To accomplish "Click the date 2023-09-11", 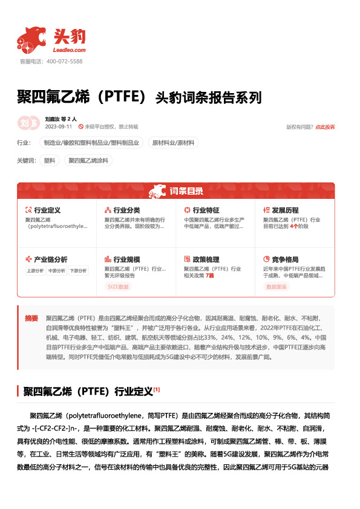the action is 59,127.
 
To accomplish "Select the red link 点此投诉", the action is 325,127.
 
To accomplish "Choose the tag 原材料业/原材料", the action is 174,143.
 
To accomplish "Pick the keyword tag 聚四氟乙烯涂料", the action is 88,161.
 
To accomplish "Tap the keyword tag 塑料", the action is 50,161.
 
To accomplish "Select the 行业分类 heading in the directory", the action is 126,210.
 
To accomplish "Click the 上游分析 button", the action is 35,271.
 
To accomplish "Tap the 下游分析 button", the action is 77,271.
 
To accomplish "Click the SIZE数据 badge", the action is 118,287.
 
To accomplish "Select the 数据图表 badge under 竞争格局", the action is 277,287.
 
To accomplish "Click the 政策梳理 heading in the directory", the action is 205,259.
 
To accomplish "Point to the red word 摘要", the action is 31,318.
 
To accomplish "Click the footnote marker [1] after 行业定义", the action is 156,389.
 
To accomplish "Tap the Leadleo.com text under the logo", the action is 71,50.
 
